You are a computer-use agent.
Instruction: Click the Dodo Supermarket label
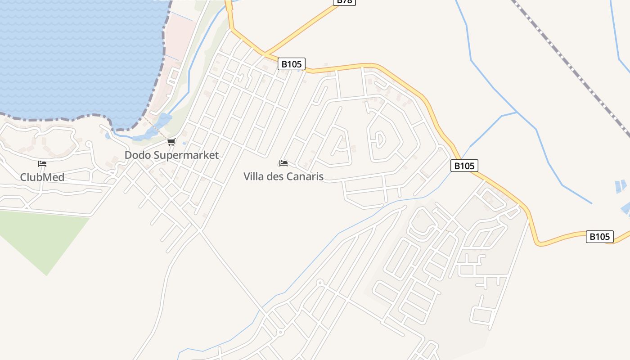[171, 155]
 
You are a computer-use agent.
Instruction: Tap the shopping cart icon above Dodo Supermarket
[171, 142]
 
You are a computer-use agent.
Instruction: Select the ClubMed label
[42, 177]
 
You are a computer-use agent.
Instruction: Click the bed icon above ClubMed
[42, 164]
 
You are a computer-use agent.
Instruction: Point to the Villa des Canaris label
[283, 176]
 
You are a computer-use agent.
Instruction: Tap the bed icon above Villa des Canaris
[283, 163]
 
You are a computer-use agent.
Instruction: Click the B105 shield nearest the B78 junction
[291, 64]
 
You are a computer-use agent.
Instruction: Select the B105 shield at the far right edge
[599, 236]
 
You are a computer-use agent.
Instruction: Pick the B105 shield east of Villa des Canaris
[464, 166]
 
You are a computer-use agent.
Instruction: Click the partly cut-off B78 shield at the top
[344, 2]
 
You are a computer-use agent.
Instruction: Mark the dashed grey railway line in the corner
[571, 67]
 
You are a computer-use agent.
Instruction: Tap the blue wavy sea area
[76, 54]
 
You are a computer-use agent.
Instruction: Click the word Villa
[254, 176]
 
